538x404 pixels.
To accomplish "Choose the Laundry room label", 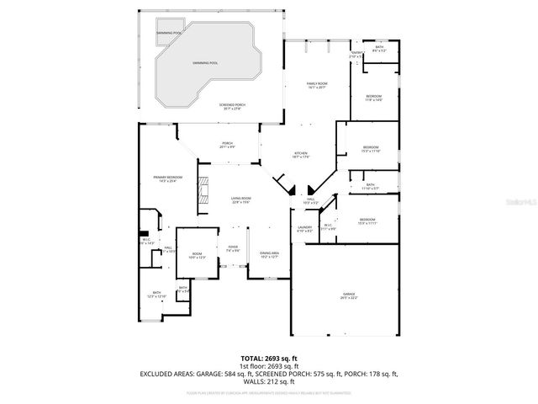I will click(304, 228).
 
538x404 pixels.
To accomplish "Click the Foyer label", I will click(233, 248).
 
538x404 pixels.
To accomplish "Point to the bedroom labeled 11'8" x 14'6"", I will click(374, 98).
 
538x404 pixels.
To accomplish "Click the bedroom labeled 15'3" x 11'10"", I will click(370, 149).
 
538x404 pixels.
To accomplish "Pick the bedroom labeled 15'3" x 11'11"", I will click(367, 221).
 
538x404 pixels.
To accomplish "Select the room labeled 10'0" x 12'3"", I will click(196, 256).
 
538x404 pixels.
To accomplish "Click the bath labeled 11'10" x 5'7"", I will click(371, 186).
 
